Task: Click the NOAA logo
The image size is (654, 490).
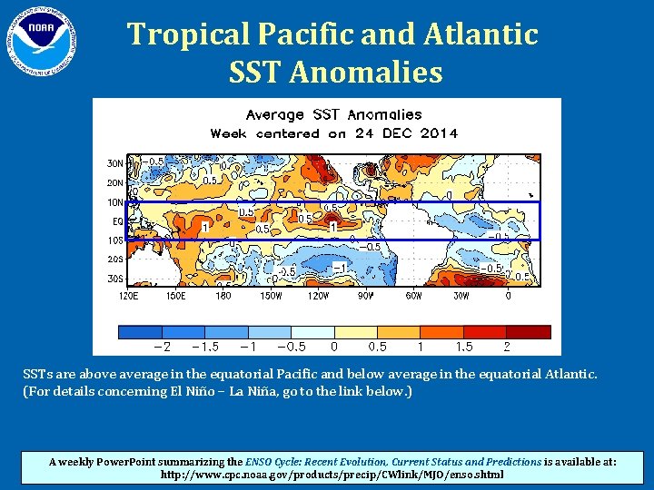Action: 39,40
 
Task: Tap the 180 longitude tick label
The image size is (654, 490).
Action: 223,295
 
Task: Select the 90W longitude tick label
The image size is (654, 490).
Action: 365,295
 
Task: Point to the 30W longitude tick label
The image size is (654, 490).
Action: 461,295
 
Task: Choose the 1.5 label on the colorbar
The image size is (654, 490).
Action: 463,347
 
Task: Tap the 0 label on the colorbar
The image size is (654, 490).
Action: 334,347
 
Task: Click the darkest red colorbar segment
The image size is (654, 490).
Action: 529,331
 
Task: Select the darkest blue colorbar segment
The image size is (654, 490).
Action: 140,331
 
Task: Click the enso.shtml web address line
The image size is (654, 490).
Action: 332,474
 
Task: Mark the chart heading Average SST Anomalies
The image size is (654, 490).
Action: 334,114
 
